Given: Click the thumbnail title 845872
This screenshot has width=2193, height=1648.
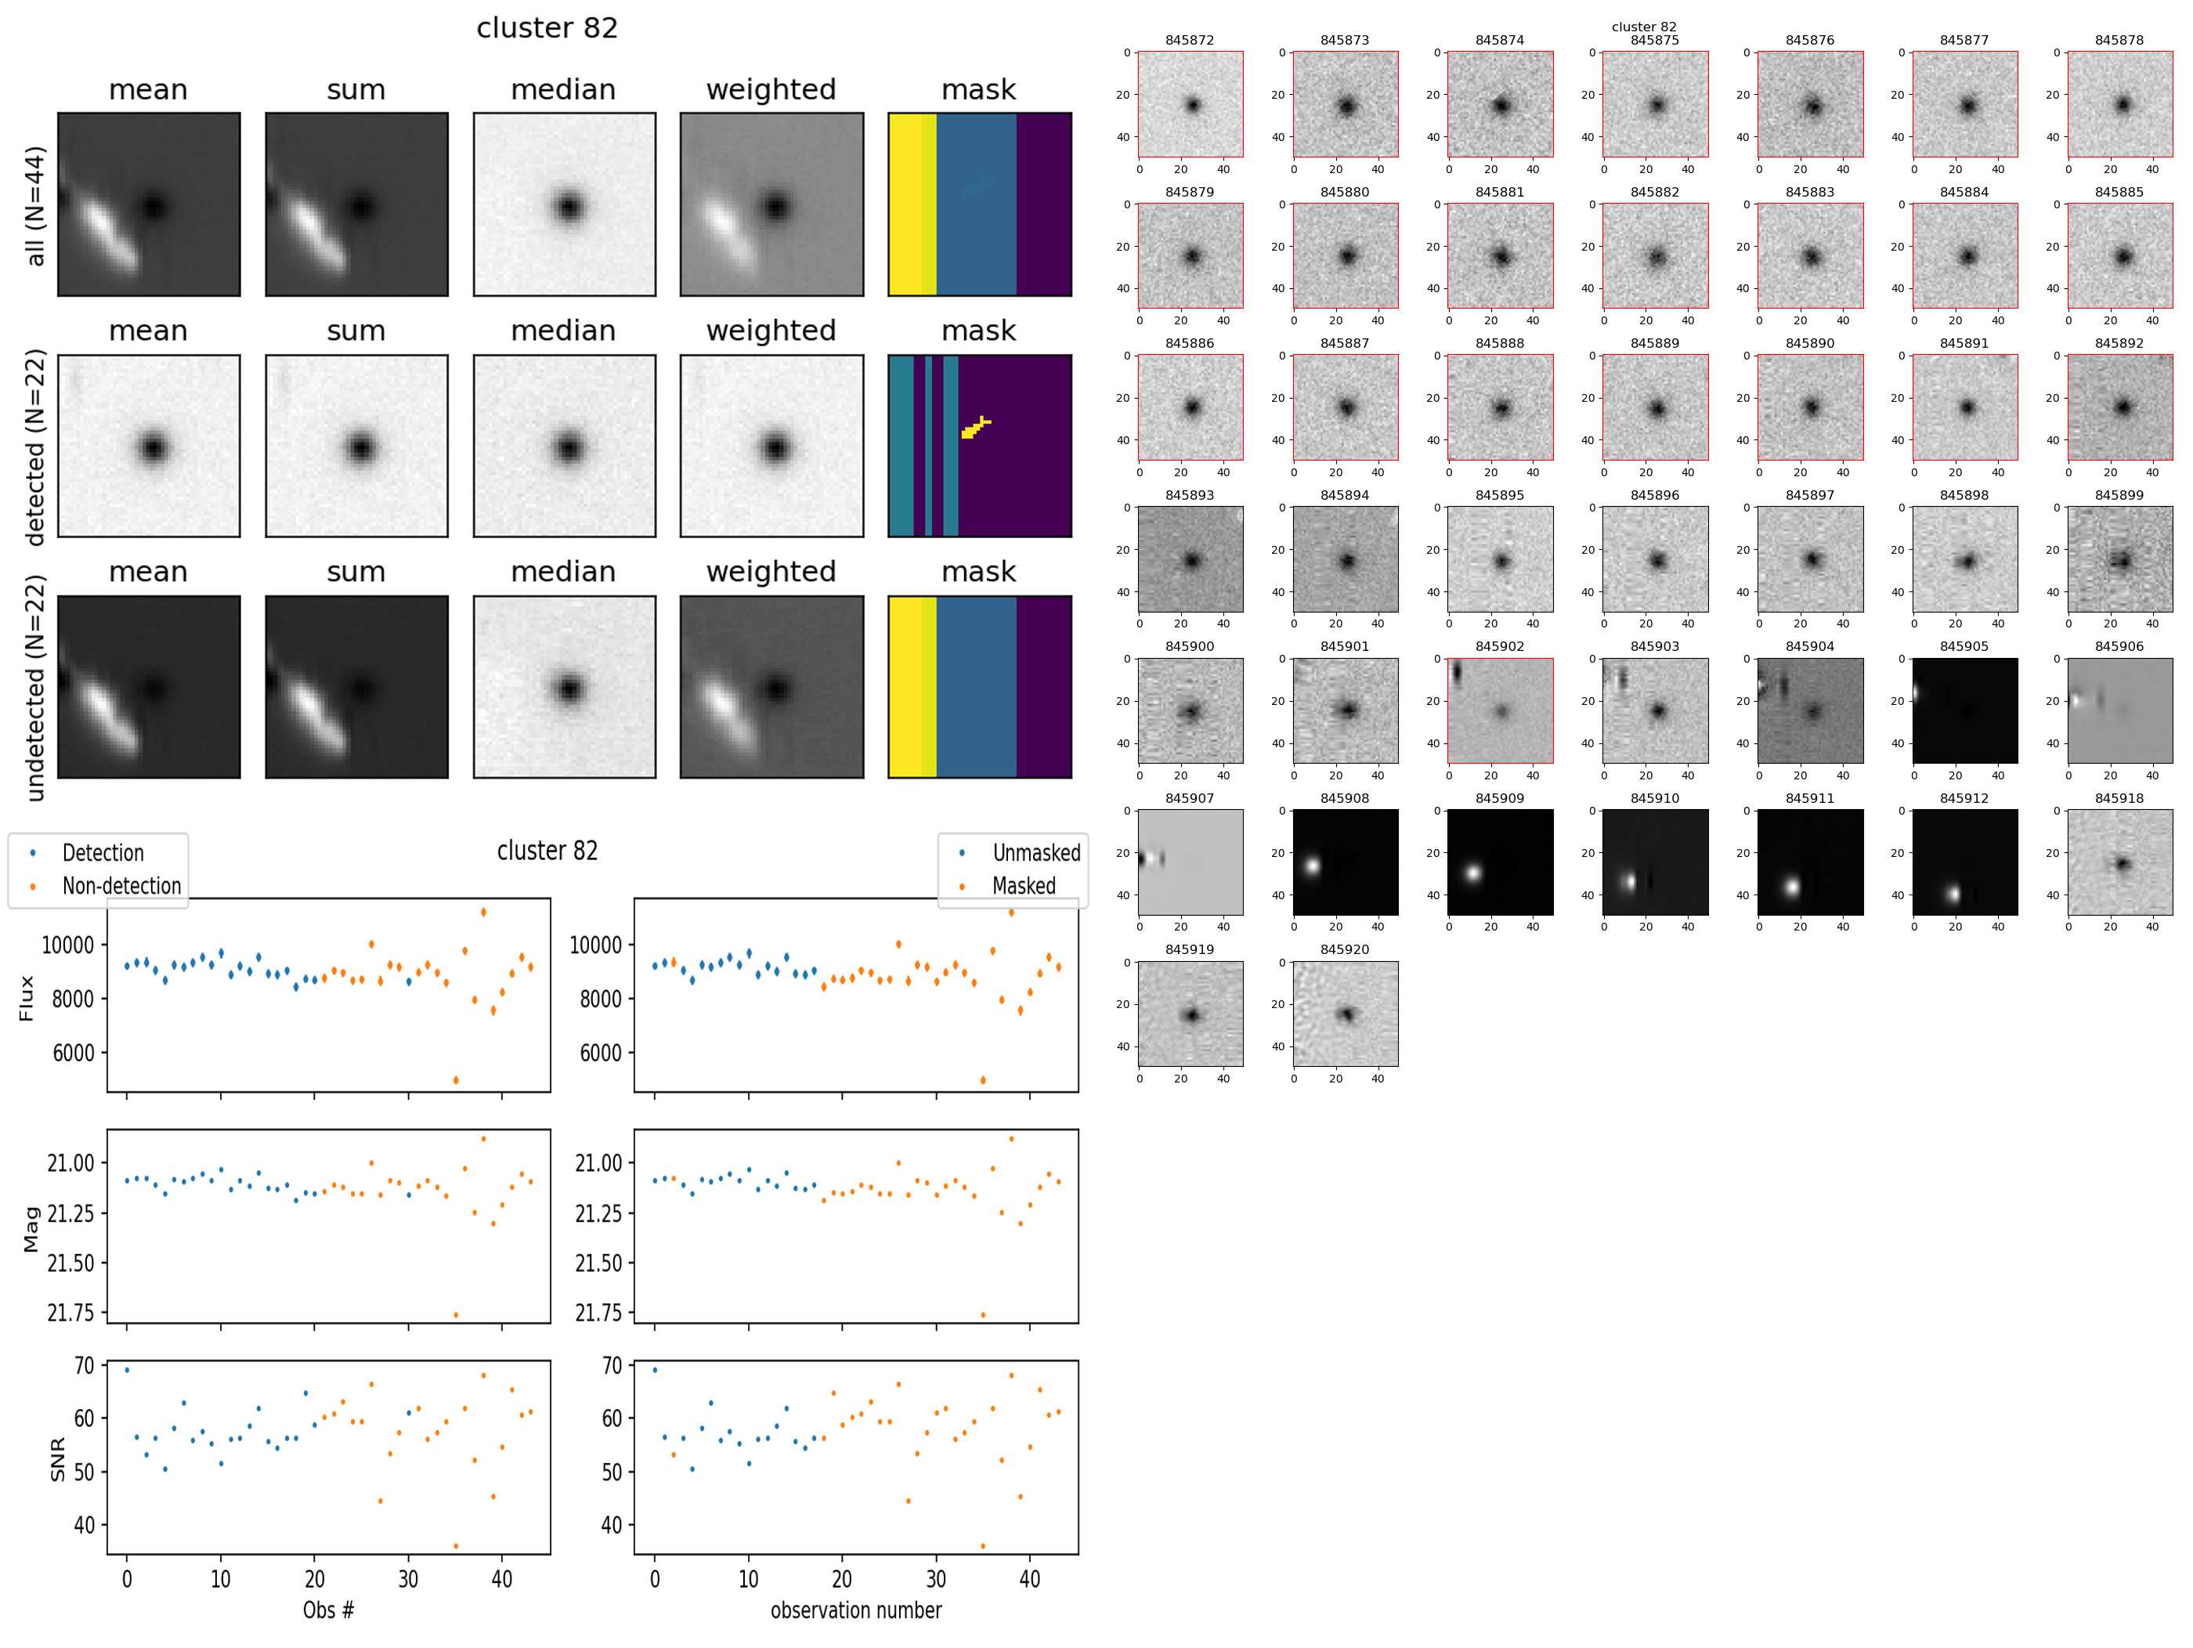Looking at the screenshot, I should pos(1189,41).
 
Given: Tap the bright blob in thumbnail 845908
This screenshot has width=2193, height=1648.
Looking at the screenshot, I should pos(1313,866).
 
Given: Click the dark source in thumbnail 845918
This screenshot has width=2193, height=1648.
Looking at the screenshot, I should pos(2122,864).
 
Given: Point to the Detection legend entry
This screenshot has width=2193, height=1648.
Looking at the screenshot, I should pos(102,853).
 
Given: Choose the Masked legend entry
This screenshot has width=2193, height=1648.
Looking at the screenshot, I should pos(1023,885).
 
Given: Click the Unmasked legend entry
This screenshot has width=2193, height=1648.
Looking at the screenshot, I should pos(1036,853).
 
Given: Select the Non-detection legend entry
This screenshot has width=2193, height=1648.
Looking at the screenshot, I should pos(121,885).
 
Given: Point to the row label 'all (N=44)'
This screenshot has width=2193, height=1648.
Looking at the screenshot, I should pos(36,206).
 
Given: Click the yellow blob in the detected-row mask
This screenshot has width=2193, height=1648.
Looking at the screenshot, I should pos(974,428).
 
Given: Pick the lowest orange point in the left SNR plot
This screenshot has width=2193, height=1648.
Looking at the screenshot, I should pos(455,1546).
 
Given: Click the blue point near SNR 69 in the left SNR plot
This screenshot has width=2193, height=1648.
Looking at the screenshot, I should pos(127,1369).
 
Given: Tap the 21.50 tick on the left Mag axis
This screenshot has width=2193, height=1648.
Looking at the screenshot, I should pos(70,1263).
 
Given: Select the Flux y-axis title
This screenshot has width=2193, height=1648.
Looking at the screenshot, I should pos(27,998).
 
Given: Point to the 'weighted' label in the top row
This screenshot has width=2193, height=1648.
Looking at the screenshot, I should pos(771,90).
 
